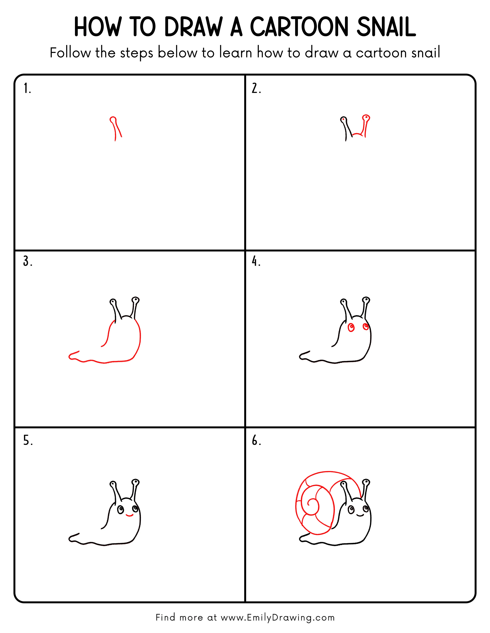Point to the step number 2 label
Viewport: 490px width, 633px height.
(x=256, y=88)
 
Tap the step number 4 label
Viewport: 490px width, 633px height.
(x=256, y=261)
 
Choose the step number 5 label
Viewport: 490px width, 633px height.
(x=28, y=441)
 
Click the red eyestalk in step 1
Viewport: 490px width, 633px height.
(x=115, y=128)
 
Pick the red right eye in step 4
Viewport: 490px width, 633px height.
(x=365, y=327)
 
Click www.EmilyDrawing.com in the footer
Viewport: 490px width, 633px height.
(x=277, y=617)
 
